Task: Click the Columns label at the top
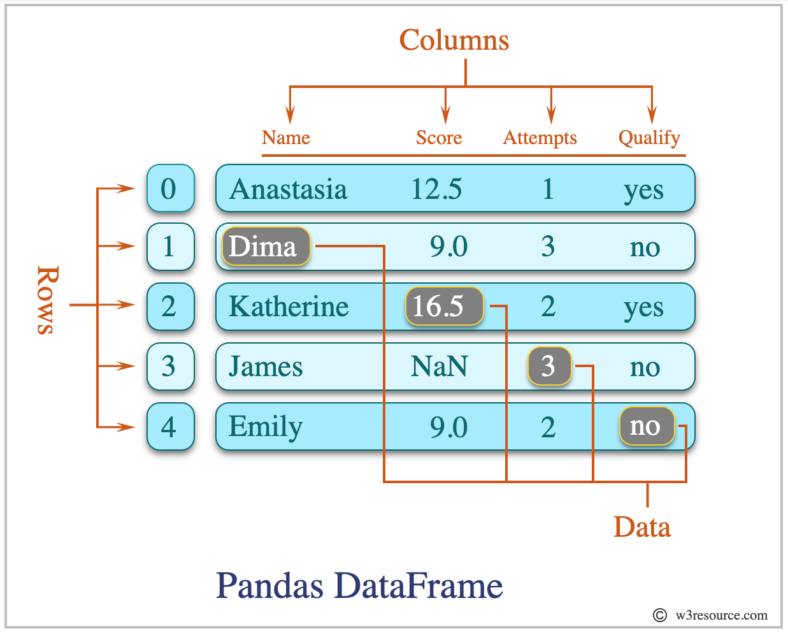(454, 40)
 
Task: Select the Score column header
(438, 138)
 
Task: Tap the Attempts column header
(540, 138)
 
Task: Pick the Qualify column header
(648, 138)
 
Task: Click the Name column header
(285, 138)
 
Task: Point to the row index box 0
(169, 189)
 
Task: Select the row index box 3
(169, 367)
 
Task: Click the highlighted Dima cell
(265, 247)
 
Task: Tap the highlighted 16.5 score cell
(443, 307)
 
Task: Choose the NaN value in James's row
(439, 367)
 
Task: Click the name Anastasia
(288, 189)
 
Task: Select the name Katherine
(288, 307)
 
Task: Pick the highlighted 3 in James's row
(548, 367)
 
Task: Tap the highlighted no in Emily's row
(646, 426)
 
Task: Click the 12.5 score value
(436, 189)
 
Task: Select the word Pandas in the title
(269, 585)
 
